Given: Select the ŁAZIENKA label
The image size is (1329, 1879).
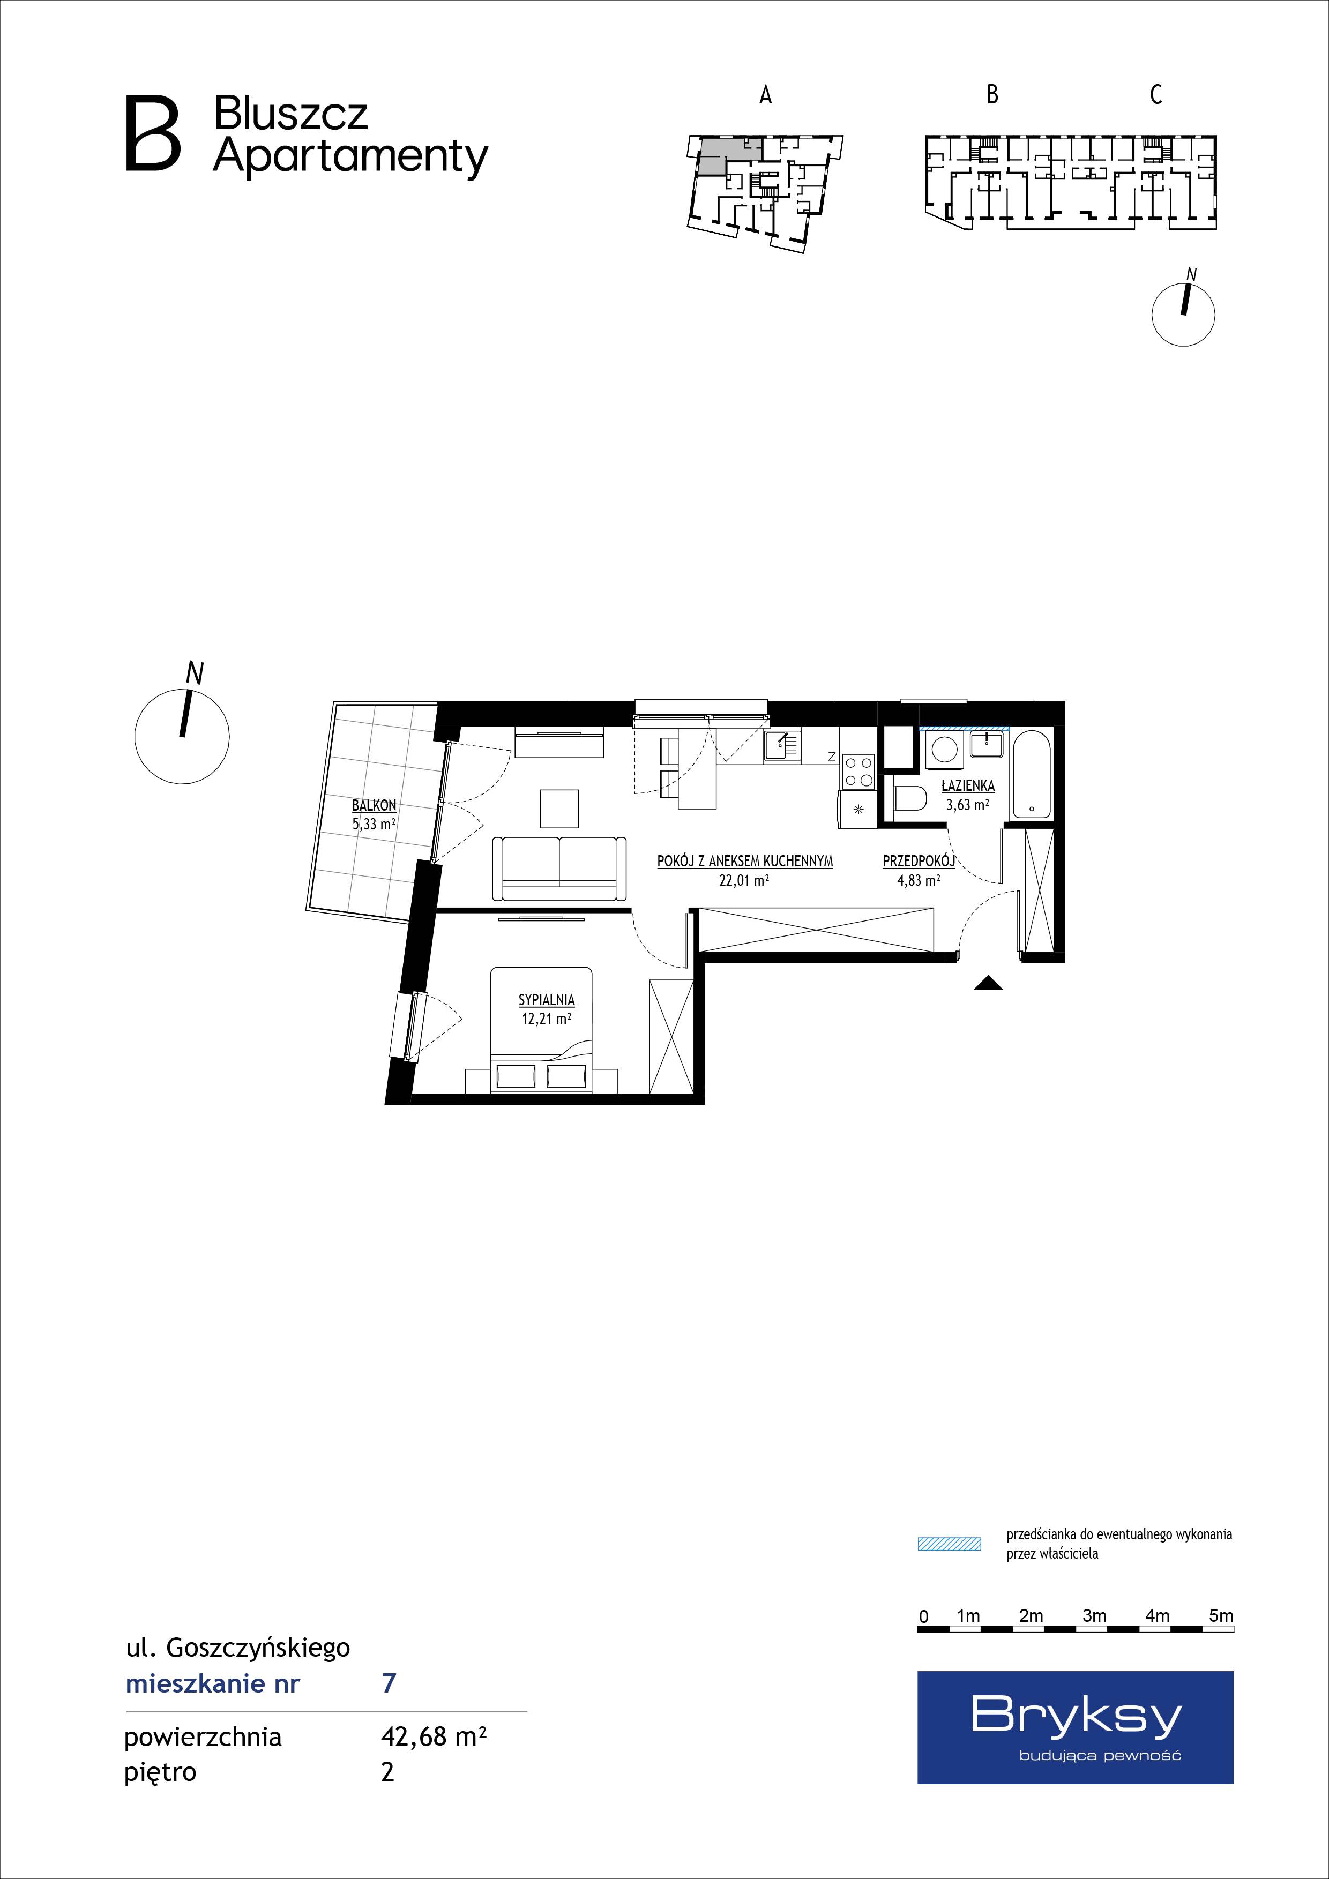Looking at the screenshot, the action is [968, 785].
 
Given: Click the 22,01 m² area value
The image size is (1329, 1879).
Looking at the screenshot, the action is [744, 881].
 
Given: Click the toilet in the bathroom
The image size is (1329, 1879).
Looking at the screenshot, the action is [908, 798].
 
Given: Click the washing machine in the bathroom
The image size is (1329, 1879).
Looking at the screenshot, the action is [944, 751].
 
